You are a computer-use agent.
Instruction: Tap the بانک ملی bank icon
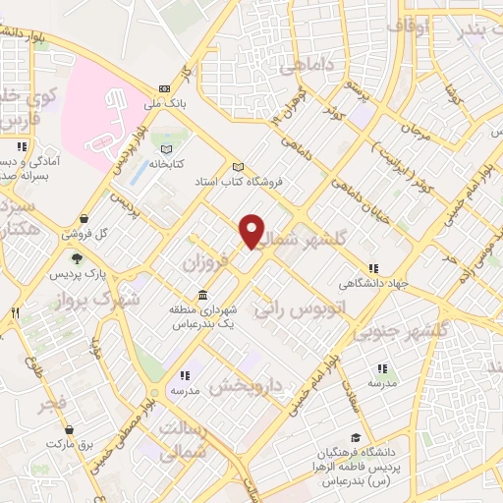[x=164, y=88]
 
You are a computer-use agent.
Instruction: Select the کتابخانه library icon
[x=154, y=147]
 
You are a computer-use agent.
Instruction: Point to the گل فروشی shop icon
[x=84, y=218]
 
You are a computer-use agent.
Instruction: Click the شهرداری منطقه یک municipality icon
[x=202, y=296]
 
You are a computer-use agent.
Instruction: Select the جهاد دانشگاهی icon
[x=373, y=268]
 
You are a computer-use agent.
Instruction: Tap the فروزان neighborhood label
[x=205, y=262]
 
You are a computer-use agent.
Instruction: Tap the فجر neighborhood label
[x=56, y=403]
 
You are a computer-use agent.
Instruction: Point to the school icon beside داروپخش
[x=184, y=374]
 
